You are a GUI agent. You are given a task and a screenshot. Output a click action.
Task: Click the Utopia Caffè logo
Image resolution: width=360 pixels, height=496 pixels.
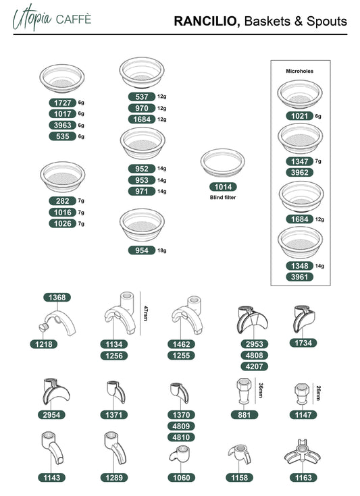(x=52, y=18)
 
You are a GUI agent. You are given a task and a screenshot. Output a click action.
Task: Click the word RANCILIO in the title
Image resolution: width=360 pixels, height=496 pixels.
(x=207, y=21)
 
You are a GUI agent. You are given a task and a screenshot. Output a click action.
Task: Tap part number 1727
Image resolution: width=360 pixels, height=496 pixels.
(x=63, y=103)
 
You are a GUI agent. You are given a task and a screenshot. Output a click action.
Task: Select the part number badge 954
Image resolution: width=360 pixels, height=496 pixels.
(x=142, y=250)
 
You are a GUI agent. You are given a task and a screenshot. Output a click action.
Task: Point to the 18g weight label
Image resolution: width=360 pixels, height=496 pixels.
(x=162, y=250)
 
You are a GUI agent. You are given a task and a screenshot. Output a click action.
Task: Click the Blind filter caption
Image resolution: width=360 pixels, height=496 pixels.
(x=223, y=197)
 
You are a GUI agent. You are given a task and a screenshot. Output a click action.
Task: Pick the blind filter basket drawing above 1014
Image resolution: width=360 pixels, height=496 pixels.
(x=223, y=163)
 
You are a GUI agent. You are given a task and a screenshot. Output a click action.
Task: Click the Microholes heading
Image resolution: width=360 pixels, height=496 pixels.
(x=299, y=71)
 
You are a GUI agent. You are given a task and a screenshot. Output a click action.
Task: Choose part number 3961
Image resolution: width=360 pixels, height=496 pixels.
(x=299, y=277)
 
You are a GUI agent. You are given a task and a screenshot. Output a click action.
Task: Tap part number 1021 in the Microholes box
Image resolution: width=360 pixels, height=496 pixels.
(x=299, y=116)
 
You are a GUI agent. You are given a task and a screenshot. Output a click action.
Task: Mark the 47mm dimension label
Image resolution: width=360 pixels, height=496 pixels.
(x=146, y=313)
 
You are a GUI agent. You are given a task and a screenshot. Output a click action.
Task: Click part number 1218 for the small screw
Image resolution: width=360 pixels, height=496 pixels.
(x=44, y=344)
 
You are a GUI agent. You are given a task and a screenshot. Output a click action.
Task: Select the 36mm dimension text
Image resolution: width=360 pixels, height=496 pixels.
(x=261, y=391)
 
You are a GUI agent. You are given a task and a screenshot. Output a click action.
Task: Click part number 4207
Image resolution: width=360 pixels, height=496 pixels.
(x=255, y=366)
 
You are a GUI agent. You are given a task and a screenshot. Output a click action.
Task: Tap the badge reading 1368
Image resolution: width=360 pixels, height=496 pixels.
(x=57, y=298)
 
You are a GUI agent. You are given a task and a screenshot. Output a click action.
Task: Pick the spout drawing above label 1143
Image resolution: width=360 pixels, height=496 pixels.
(x=52, y=447)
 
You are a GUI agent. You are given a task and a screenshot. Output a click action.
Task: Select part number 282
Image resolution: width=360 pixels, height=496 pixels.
(x=63, y=201)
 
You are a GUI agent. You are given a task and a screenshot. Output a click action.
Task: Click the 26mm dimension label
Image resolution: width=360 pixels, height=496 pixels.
(x=319, y=393)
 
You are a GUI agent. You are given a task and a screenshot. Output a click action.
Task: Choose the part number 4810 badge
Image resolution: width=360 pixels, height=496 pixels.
(x=181, y=437)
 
